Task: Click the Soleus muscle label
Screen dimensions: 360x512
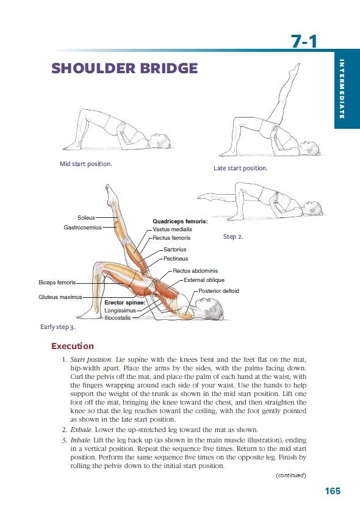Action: (x=85, y=217)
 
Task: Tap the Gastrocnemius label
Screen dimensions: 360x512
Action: (x=82, y=227)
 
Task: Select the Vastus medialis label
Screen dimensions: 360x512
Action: (x=173, y=229)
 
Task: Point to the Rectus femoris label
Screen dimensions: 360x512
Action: (x=172, y=238)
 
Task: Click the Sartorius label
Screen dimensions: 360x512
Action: (x=175, y=250)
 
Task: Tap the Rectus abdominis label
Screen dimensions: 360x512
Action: (x=195, y=270)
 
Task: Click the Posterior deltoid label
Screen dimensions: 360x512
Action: (x=218, y=291)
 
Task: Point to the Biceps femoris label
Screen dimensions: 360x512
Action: (x=57, y=283)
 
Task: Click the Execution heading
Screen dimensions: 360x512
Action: (x=73, y=347)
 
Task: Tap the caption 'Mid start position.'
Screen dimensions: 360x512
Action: (x=85, y=164)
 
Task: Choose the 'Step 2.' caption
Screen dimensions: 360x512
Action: (x=233, y=236)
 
